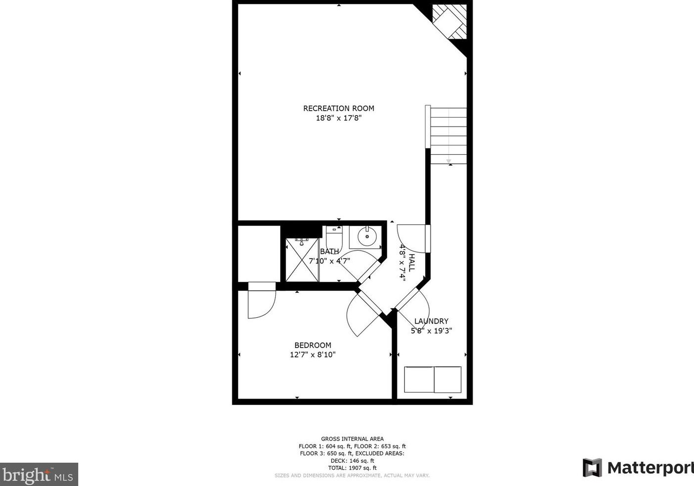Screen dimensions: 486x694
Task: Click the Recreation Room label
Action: coord(339,108)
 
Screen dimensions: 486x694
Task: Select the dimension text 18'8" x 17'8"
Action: coord(339,118)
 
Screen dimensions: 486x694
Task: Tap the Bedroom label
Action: coord(312,345)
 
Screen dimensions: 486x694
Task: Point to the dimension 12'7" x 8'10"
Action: coord(312,354)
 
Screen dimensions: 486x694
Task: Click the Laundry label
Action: coord(431,321)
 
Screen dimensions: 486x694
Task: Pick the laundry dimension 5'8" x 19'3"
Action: coord(431,331)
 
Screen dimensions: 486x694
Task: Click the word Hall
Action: coord(412,262)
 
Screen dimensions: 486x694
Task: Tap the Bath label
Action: coord(329,251)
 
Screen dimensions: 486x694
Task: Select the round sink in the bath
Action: coord(366,237)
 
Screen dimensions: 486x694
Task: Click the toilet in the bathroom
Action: coord(334,234)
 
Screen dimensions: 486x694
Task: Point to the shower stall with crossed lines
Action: coord(302,260)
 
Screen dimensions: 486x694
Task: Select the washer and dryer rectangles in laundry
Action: coord(433,379)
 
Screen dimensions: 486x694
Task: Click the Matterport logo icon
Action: coord(592,467)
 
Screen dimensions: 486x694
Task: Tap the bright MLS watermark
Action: coord(39,475)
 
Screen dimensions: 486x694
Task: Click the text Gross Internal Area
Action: coord(352,439)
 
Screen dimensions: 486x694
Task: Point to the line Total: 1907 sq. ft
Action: coord(352,468)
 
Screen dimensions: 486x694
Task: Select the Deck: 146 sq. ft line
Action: coord(352,460)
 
